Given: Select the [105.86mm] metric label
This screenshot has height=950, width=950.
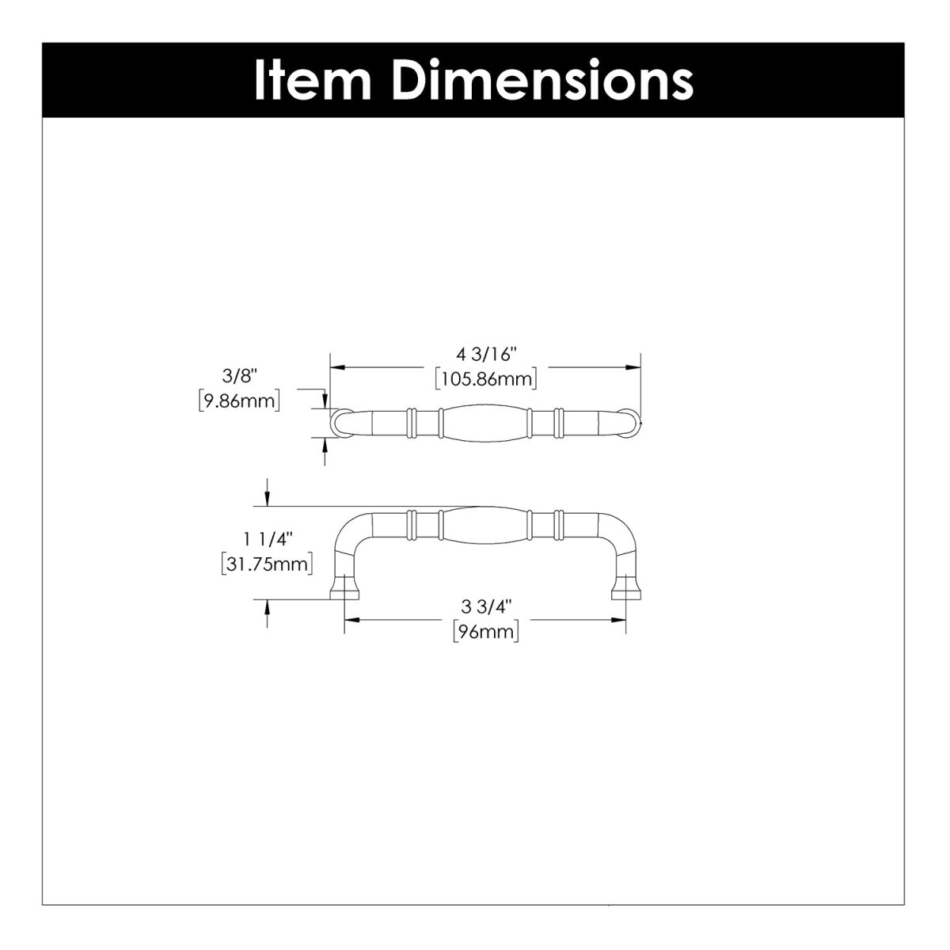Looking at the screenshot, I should coord(485,378).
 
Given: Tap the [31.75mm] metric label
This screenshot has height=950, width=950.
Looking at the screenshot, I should coord(267,564).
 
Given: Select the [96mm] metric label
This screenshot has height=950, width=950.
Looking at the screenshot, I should coord(485,632).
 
